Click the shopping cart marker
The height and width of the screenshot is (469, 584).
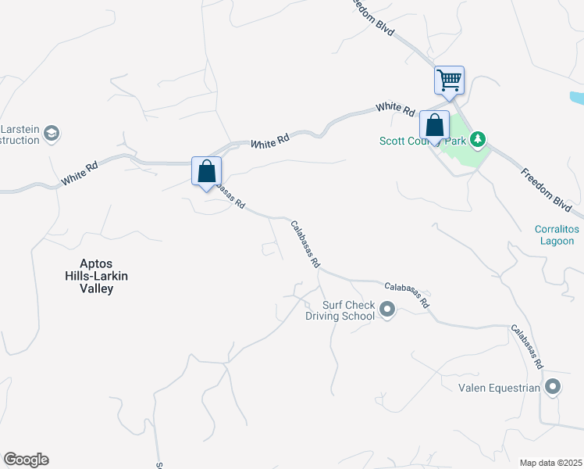pos(449,80)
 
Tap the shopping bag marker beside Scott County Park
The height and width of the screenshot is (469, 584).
pos(434,125)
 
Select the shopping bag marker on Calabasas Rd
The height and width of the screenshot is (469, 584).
pos(207,171)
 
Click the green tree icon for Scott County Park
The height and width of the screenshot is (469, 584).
pos(478,141)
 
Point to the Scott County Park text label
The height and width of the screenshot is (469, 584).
pos(422,141)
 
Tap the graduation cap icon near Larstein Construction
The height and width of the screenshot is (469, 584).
pos(52,134)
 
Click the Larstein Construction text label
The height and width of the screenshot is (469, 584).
pos(20,134)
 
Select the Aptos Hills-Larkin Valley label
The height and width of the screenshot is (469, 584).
pos(96,277)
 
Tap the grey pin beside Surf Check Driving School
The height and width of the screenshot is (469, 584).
pos(386,311)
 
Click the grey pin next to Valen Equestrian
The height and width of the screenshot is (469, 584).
pos(554,387)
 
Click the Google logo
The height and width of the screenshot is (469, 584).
pos(26,460)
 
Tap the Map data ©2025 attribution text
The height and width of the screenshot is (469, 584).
pos(550,463)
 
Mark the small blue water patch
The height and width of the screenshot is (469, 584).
pos(576,99)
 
